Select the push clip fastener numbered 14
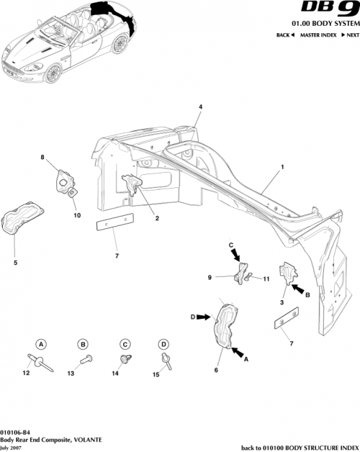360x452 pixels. (x=122, y=357)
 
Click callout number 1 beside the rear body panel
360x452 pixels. (x=282, y=166)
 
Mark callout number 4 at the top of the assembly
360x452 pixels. (x=200, y=107)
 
